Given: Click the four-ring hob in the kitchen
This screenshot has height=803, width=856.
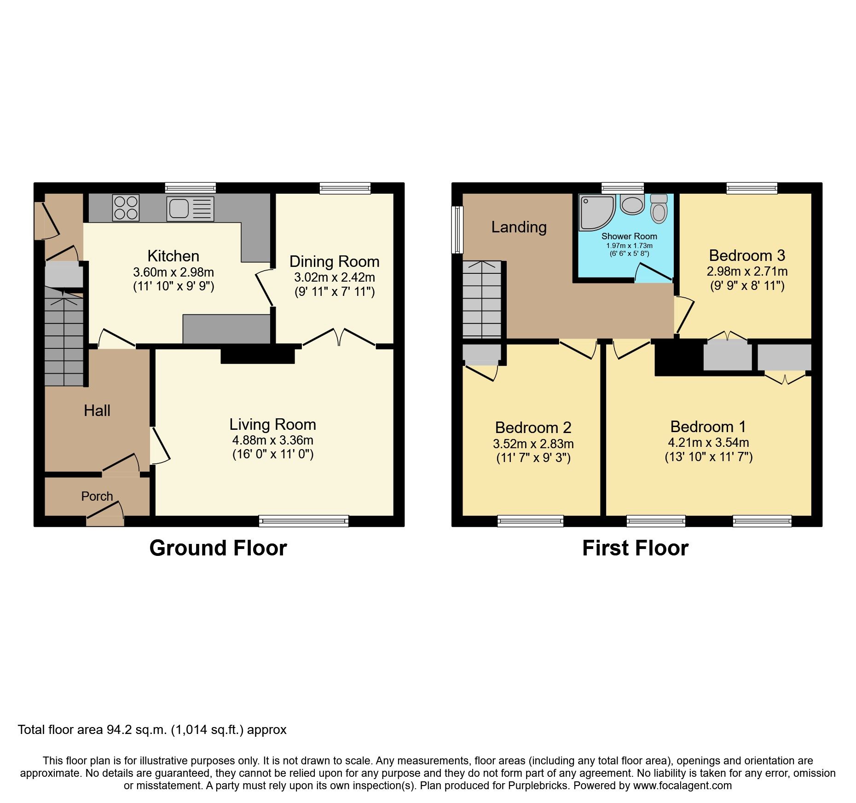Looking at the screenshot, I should [126, 208].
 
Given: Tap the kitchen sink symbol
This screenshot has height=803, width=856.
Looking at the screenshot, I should [190, 208].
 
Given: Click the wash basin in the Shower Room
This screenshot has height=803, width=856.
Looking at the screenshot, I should [632, 205].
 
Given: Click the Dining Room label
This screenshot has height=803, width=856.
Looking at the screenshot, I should [334, 261].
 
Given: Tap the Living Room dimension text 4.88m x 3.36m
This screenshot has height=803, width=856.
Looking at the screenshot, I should [272, 440].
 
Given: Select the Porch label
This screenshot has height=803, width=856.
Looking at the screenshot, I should [97, 496].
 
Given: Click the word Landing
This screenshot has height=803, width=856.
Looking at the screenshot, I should [519, 227].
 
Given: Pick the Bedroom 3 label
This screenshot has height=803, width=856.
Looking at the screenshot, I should [746, 255].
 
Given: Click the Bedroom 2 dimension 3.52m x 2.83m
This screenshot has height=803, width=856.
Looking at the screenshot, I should [533, 444].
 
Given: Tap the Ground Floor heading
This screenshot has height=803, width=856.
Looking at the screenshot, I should [218, 548].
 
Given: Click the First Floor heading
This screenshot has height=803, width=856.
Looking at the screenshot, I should [635, 548].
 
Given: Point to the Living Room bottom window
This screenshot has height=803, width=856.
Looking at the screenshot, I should [303, 521].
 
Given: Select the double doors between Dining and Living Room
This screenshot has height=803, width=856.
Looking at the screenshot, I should [339, 338].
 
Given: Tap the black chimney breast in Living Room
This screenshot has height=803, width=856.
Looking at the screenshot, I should [257, 355].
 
